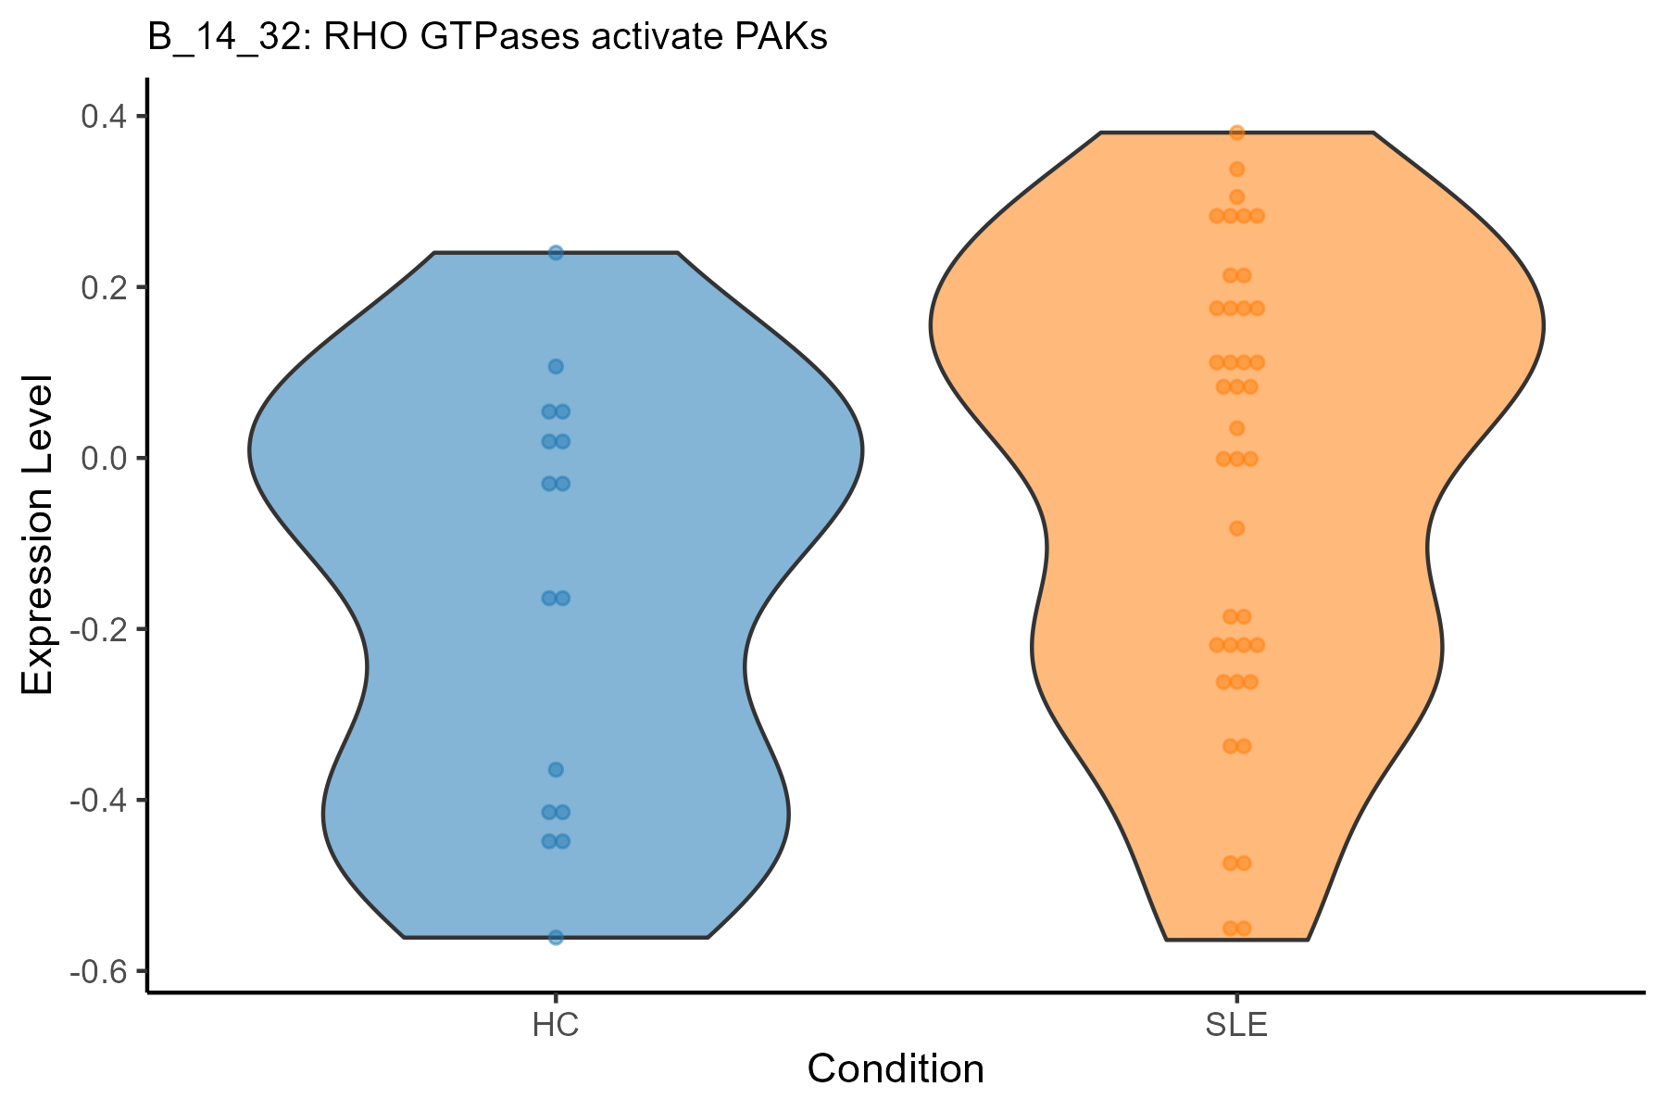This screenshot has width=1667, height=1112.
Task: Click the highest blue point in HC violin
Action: pyautogui.click(x=556, y=252)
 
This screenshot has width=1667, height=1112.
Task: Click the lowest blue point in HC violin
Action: pyautogui.click(x=556, y=938)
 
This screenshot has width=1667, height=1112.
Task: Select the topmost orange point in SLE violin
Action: pyautogui.click(x=1236, y=133)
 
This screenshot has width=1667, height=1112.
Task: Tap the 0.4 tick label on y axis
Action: pyautogui.click(x=107, y=117)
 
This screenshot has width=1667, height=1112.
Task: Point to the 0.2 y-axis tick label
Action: pyautogui.click(x=107, y=287)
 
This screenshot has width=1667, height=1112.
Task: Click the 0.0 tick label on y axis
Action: pyautogui.click(x=107, y=459)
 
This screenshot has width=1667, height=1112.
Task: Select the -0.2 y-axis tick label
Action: pyautogui.click(x=102, y=629)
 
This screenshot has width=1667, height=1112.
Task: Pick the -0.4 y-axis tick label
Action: pyautogui.click(x=102, y=801)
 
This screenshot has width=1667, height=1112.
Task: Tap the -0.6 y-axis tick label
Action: pyautogui.click(x=102, y=971)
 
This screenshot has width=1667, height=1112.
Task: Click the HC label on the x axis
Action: pyautogui.click(x=556, y=1027)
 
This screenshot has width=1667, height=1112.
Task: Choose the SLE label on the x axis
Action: pyautogui.click(x=1236, y=1027)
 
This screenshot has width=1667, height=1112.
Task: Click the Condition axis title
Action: pyautogui.click(x=896, y=1069)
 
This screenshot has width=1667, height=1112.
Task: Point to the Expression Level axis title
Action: pyautogui.click(x=39, y=535)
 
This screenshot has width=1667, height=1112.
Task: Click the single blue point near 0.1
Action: pyautogui.click(x=556, y=366)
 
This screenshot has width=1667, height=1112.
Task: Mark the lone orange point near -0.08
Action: pyautogui.click(x=1236, y=528)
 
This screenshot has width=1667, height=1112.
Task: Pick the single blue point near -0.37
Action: pyautogui.click(x=556, y=769)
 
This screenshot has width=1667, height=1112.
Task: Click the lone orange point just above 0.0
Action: pyautogui.click(x=1236, y=428)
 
